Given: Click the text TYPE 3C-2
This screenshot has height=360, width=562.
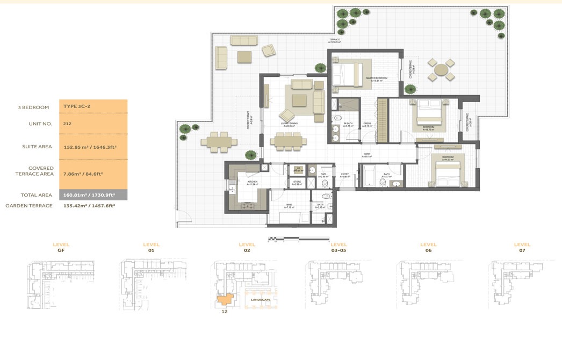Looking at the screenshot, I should click(x=76, y=107).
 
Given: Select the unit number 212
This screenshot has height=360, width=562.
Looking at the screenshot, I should click(x=67, y=124).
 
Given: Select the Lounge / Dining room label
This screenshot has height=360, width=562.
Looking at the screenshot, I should click(x=289, y=124).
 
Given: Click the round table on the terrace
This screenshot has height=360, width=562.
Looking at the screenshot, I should click(x=441, y=70).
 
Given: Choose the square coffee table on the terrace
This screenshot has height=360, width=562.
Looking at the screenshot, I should click(x=245, y=57).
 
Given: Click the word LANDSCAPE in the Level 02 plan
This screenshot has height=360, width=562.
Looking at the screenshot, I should click(x=260, y=299).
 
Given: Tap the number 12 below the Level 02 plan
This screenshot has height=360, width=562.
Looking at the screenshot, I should click(x=224, y=312).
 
